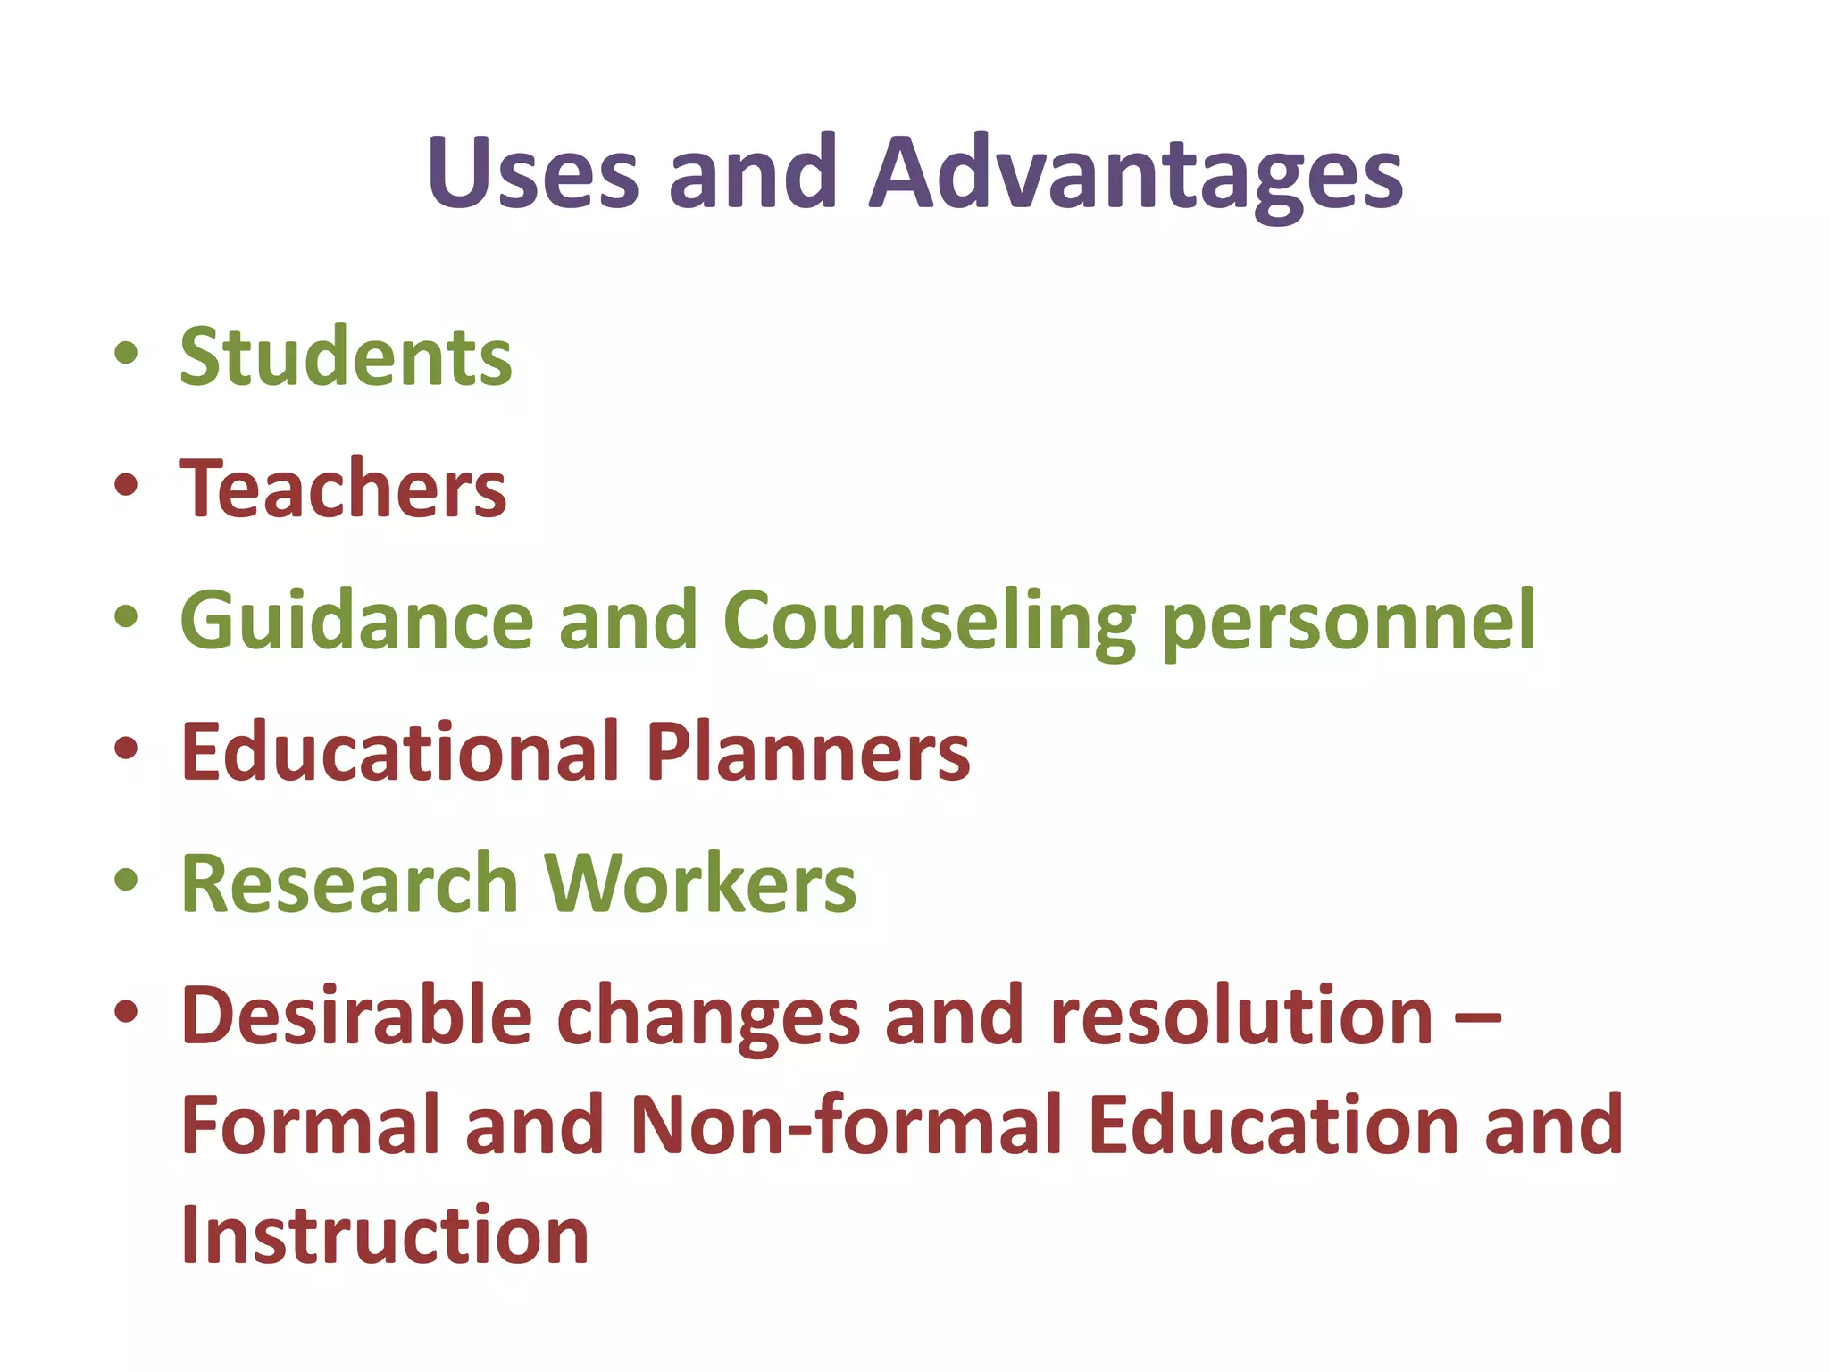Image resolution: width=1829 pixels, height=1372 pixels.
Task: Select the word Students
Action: [346, 356]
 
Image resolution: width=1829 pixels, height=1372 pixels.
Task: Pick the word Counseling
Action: [929, 622]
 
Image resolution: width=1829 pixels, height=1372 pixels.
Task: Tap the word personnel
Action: [1349, 622]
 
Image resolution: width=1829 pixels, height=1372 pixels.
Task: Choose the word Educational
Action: [400, 751]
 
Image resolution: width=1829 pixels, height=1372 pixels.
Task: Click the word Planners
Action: [807, 751]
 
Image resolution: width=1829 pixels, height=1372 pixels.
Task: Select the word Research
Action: [350, 883]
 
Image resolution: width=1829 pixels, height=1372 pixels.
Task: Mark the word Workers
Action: [700, 883]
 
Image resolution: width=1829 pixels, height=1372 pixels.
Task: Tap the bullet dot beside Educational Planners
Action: [126, 747]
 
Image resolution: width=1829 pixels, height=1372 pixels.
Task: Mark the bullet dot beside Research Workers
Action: [126, 879]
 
